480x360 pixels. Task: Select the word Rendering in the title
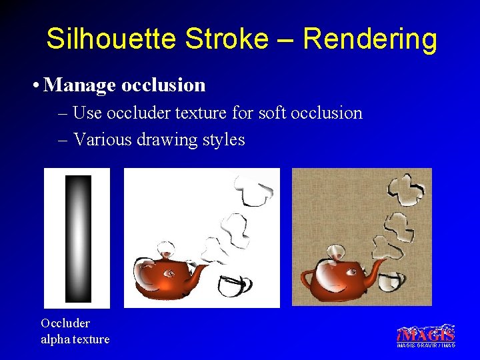tap(369, 39)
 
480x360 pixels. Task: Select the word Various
tap(102, 140)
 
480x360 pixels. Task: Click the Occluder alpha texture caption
tap(75, 331)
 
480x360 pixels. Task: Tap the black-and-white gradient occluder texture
tap(77, 238)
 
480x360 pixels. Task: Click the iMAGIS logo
tap(426, 335)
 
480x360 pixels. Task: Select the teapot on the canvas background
tap(337, 276)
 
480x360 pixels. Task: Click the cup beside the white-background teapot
tap(233, 285)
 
